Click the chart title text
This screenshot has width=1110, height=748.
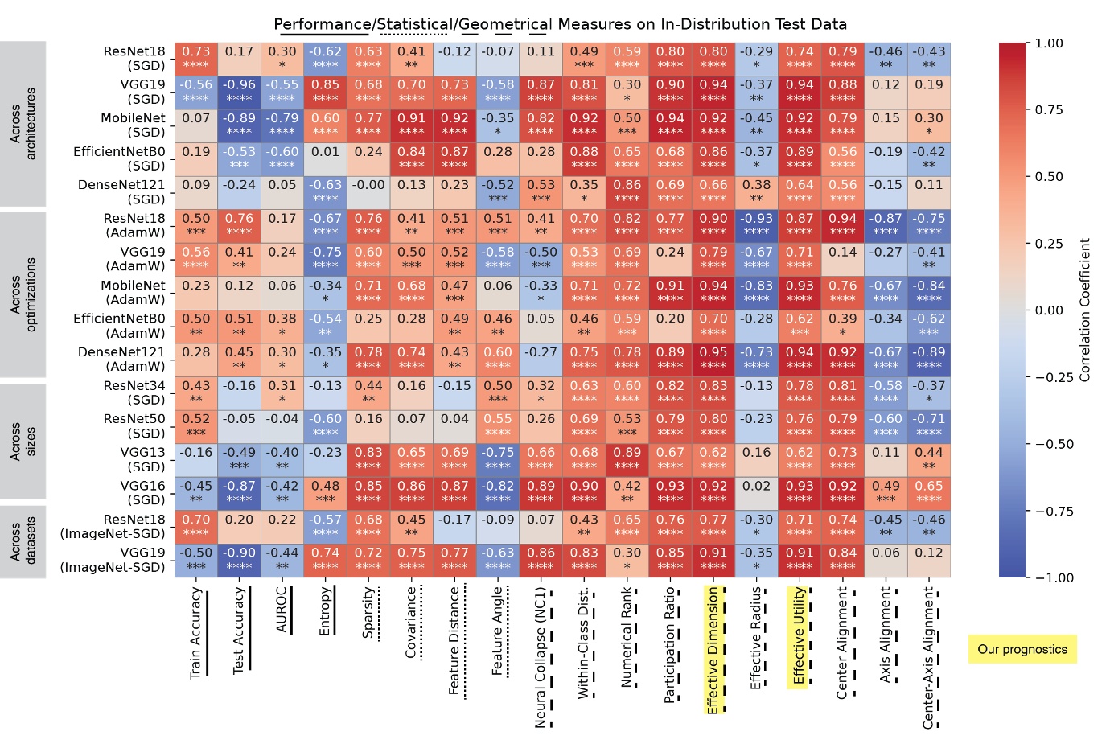[x=561, y=24]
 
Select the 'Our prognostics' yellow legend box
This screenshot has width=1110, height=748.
[x=1022, y=649]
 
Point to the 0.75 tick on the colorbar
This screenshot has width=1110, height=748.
[x=1048, y=110]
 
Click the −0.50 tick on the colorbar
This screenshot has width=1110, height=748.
[x=1051, y=444]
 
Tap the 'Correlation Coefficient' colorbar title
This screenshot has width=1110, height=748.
[x=1085, y=310]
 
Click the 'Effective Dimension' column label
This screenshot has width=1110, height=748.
[x=713, y=650]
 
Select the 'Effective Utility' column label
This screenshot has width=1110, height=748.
[x=799, y=635]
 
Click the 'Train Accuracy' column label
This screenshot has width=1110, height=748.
[x=195, y=633]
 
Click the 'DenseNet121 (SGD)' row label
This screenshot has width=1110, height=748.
[x=121, y=191]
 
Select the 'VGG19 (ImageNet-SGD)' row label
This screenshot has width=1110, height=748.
[x=113, y=560]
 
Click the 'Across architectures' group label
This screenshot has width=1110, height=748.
[x=23, y=125]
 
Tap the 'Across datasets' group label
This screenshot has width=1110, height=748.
[x=23, y=541]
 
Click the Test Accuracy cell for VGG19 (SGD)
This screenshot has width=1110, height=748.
[x=239, y=92]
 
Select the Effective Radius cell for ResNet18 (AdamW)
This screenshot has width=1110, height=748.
[x=756, y=225]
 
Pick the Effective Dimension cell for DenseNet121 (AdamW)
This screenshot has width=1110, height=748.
[x=713, y=359]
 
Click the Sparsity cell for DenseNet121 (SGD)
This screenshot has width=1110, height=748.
[x=368, y=191]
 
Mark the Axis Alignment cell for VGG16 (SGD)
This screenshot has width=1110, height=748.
[x=886, y=492]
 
